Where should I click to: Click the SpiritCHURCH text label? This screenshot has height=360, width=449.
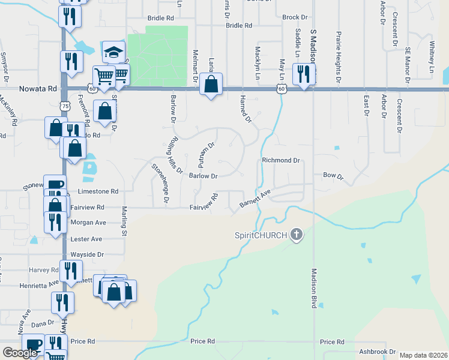(261, 235)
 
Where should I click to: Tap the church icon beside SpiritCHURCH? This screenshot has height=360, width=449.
(296, 235)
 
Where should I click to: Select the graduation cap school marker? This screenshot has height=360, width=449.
(112, 52)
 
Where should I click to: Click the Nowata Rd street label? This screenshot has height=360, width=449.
(38, 88)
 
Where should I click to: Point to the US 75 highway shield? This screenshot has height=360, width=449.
(64, 104)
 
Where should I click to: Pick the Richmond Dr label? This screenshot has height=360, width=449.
(280, 161)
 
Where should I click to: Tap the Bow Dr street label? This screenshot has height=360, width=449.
(333, 176)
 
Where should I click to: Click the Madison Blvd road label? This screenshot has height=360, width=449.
(313, 286)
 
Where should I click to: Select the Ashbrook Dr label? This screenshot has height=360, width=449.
(376, 352)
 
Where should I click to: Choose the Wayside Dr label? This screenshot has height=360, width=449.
(88, 254)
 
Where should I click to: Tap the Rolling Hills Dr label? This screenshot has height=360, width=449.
(175, 155)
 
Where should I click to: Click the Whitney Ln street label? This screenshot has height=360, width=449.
(432, 58)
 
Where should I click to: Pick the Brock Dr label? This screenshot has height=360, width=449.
(295, 17)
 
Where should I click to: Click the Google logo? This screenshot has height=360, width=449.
(20, 353)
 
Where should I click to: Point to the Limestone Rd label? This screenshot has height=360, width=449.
(98, 191)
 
